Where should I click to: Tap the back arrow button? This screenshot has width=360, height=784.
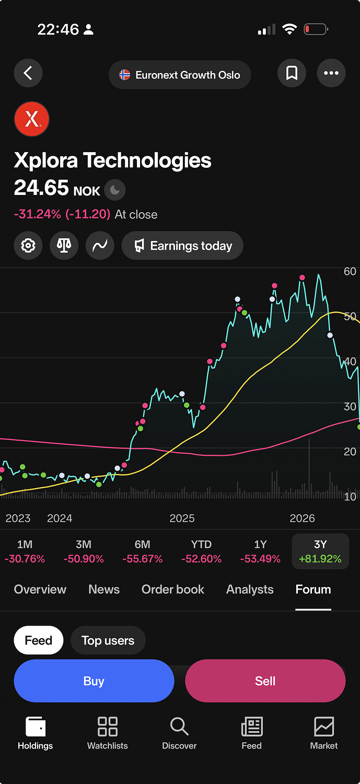[28, 73]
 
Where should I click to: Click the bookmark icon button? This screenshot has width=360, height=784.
[292, 73]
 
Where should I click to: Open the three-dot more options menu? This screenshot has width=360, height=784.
[331, 73]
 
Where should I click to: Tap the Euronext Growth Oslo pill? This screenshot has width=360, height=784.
[180, 75]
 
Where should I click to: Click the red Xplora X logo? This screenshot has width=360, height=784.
[31, 119]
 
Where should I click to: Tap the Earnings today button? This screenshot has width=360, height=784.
[182, 246]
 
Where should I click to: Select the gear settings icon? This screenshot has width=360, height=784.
[28, 246]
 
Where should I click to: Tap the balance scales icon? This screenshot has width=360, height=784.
[64, 246]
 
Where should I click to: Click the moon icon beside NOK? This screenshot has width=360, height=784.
[115, 190]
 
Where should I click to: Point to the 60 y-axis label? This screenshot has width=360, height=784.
[350, 271]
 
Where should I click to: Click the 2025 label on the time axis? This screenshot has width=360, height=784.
[182, 518]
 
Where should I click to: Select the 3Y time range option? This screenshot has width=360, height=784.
[320, 551]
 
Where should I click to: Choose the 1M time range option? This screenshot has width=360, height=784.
[25, 551]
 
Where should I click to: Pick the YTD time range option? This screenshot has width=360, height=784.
[201, 551]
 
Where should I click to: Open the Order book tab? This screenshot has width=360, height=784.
[173, 590]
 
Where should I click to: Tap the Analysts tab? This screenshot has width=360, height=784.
[250, 590]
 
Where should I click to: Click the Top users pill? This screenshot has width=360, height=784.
[108, 640]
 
